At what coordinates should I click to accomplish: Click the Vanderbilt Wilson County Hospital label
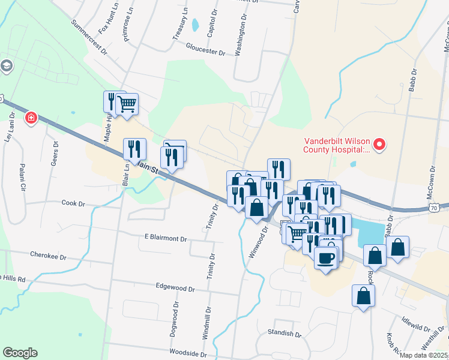coord(336,149)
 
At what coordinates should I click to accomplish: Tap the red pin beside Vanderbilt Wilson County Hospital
coord(379,144)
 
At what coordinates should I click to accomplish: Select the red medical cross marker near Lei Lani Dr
coord(30,118)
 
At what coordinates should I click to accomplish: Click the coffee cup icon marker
coord(325,259)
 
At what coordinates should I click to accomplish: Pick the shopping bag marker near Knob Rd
coord(363,296)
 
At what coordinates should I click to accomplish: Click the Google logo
coord(20,353)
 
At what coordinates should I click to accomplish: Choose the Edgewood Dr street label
coord(175,289)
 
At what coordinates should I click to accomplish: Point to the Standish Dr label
coord(285,333)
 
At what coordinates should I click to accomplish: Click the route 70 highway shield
coord(442,207)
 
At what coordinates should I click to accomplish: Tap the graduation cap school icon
coord(7,65)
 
